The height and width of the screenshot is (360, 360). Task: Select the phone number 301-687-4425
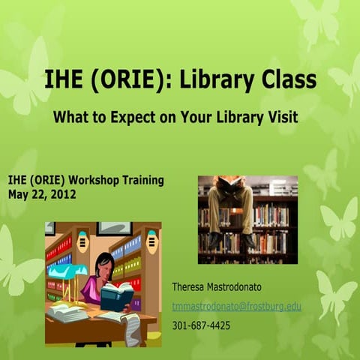pyautogui.click(x=201, y=325)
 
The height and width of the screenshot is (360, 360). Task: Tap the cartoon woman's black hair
pyautogui.click(x=105, y=262)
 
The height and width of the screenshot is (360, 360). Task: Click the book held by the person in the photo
pyautogui.click(x=229, y=181)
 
